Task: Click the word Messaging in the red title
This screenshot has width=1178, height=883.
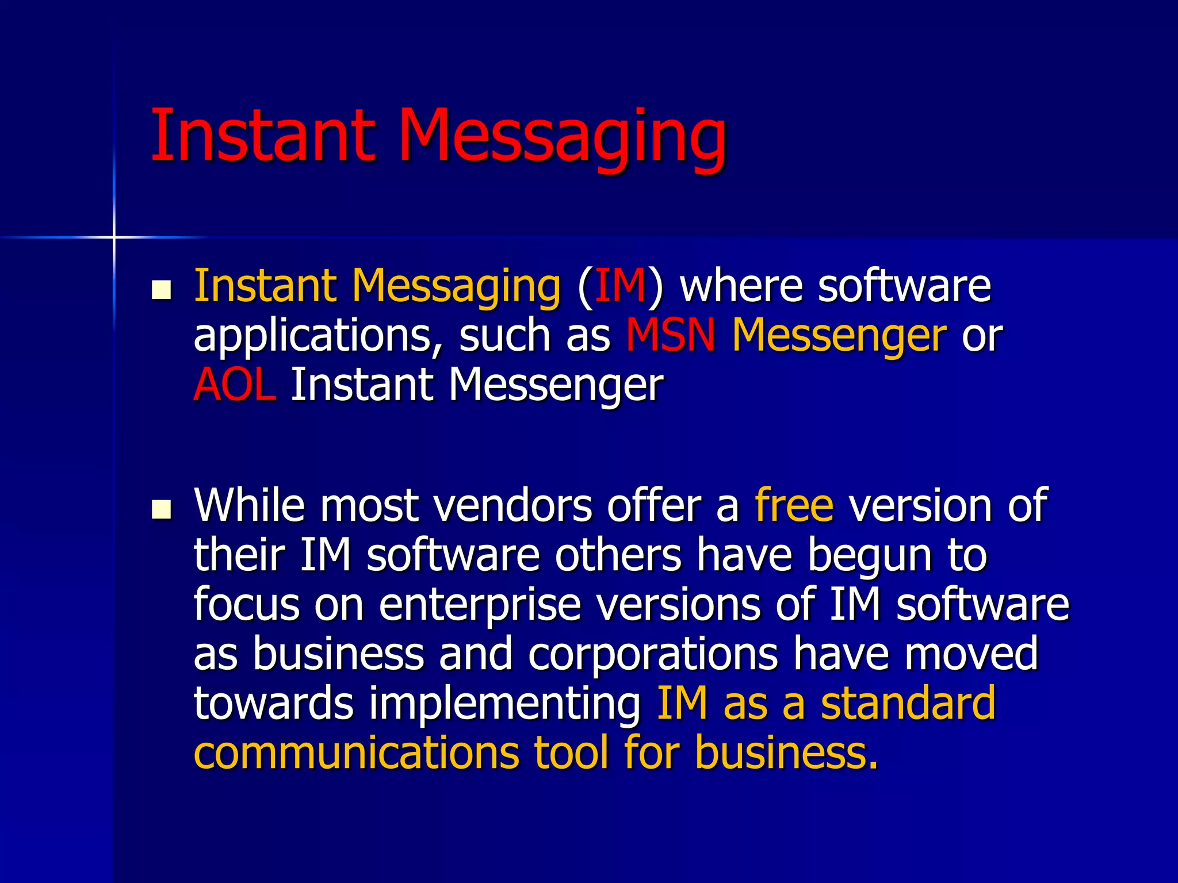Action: point(563,138)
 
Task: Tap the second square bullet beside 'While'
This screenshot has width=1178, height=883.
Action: point(162,509)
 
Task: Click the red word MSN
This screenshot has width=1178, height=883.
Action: point(671,335)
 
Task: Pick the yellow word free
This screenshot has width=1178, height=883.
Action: point(794,505)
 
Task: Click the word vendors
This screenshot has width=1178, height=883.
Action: point(512,506)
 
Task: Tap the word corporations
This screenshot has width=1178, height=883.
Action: point(653,655)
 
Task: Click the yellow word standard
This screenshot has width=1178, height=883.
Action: point(908,704)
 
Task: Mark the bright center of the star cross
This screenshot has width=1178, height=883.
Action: point(114,237)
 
